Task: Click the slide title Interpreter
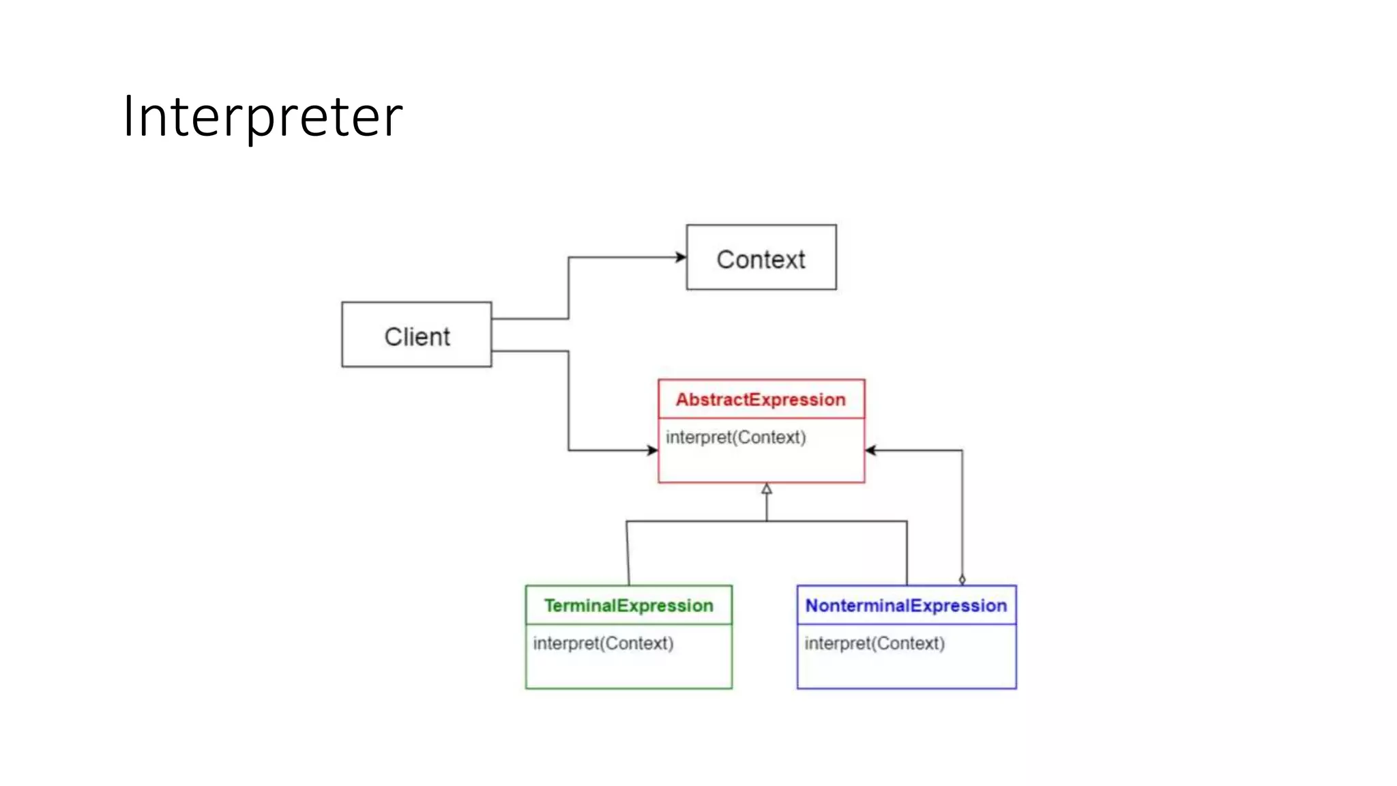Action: pos(263,117)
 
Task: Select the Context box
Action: pos(761,257)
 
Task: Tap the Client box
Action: pos(416,334)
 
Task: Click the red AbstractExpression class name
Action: pos(761,400)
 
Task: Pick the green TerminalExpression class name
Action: pos(628,606)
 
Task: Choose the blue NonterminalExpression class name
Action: pos(906,606)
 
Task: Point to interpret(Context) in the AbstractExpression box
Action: pos(735,437)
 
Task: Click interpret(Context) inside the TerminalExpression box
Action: pos(603,643)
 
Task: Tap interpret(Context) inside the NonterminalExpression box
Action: pos(874,643)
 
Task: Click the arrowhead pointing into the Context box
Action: pos(681,257)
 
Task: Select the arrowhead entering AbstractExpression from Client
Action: pos(653,450)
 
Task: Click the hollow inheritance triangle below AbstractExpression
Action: pos(767,489)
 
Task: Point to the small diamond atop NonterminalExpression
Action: pos(962,580)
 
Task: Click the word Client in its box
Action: pos(417,337)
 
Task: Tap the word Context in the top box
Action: pos(761,260)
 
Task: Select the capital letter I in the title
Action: pos(128,117)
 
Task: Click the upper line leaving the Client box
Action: pos(529,319)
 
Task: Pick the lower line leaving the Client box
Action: pos(529,351)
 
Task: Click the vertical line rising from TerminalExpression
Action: pos(628,553)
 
